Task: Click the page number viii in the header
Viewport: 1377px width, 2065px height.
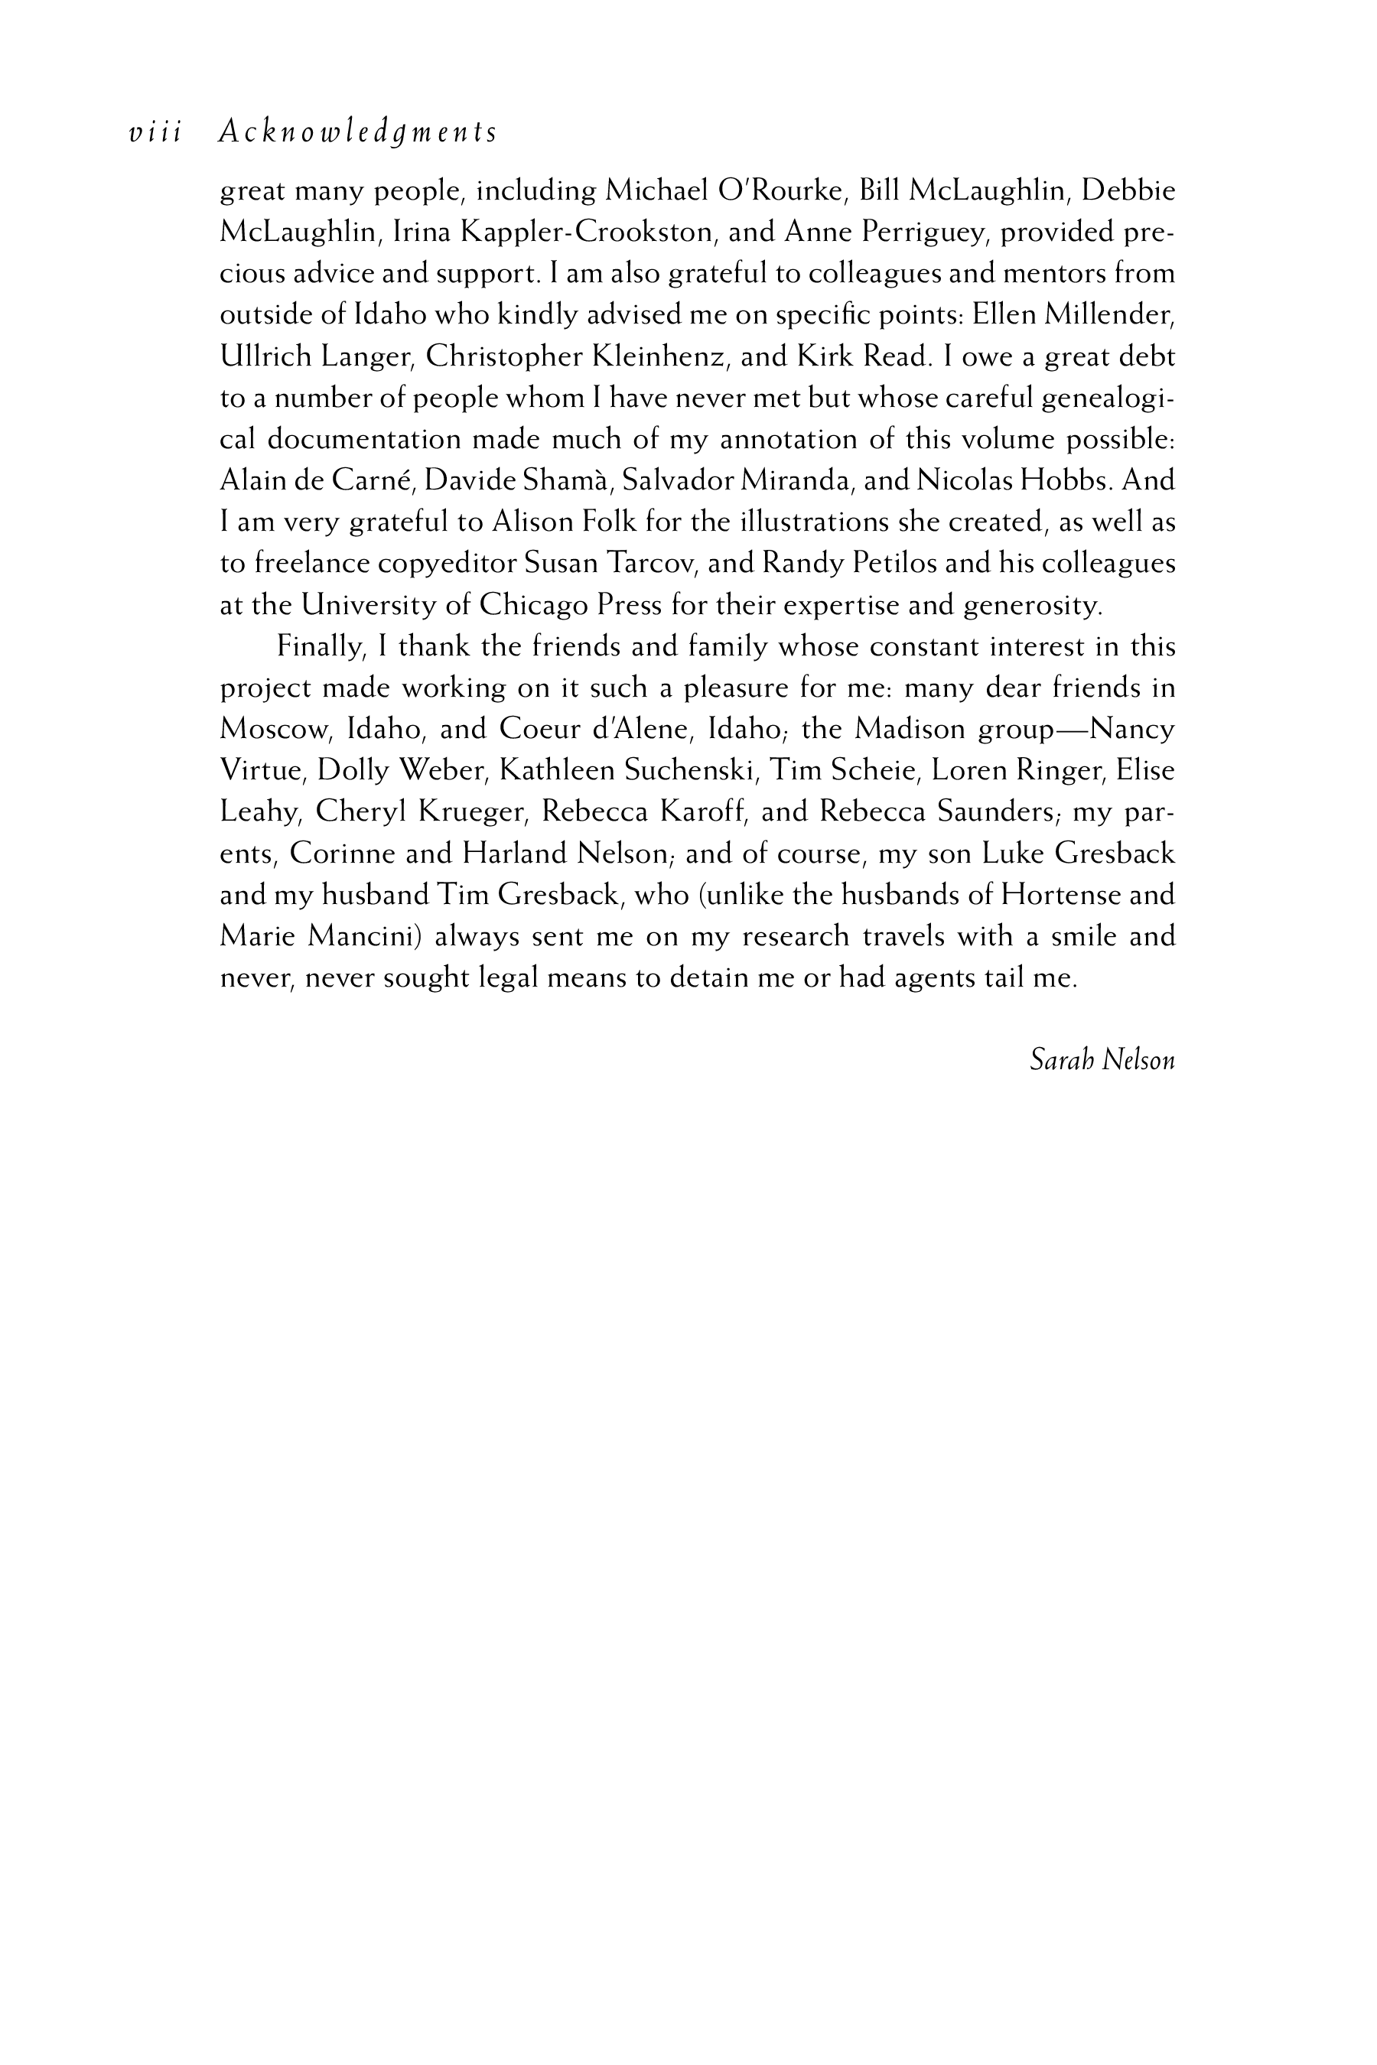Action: (155, 132)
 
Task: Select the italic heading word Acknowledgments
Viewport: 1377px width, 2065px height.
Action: (357, 132)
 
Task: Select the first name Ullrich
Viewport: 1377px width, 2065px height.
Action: (265, 356)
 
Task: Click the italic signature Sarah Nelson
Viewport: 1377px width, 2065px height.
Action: (1102, 1061)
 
